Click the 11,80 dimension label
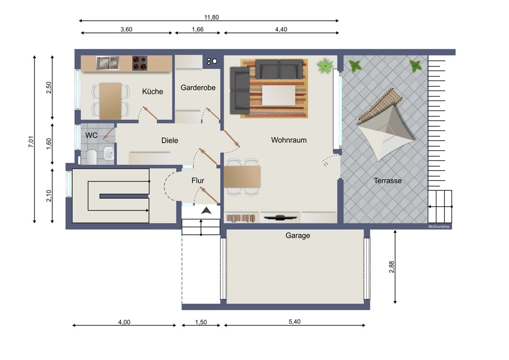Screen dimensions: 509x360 click(211, 17)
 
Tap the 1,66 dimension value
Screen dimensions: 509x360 click(198, 29)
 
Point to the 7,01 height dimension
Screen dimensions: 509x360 click(31, 142)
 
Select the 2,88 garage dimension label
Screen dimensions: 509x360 click(392, 267)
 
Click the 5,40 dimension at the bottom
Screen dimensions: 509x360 click(294, 321)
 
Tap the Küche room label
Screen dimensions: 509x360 click(152, 91)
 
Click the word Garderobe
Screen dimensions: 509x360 click(198, 87)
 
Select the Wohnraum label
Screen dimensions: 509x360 click(289, 140)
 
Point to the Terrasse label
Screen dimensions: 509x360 click(388, 180)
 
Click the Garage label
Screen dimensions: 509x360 click(298, 236)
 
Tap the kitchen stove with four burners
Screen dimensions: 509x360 click(140, 63)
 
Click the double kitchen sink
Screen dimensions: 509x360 click(107, 63)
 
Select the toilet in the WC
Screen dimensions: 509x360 click(92, 157)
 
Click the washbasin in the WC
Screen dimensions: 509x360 click(109, 153)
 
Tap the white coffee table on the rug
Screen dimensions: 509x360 click(279, 95)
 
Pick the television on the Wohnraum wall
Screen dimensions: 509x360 click(280, 218)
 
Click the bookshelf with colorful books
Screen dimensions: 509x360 click(241, 218)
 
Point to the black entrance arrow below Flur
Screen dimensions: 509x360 click(206, 211)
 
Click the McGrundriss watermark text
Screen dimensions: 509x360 click(439, 227)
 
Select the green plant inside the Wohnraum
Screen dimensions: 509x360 click(325, 66)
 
